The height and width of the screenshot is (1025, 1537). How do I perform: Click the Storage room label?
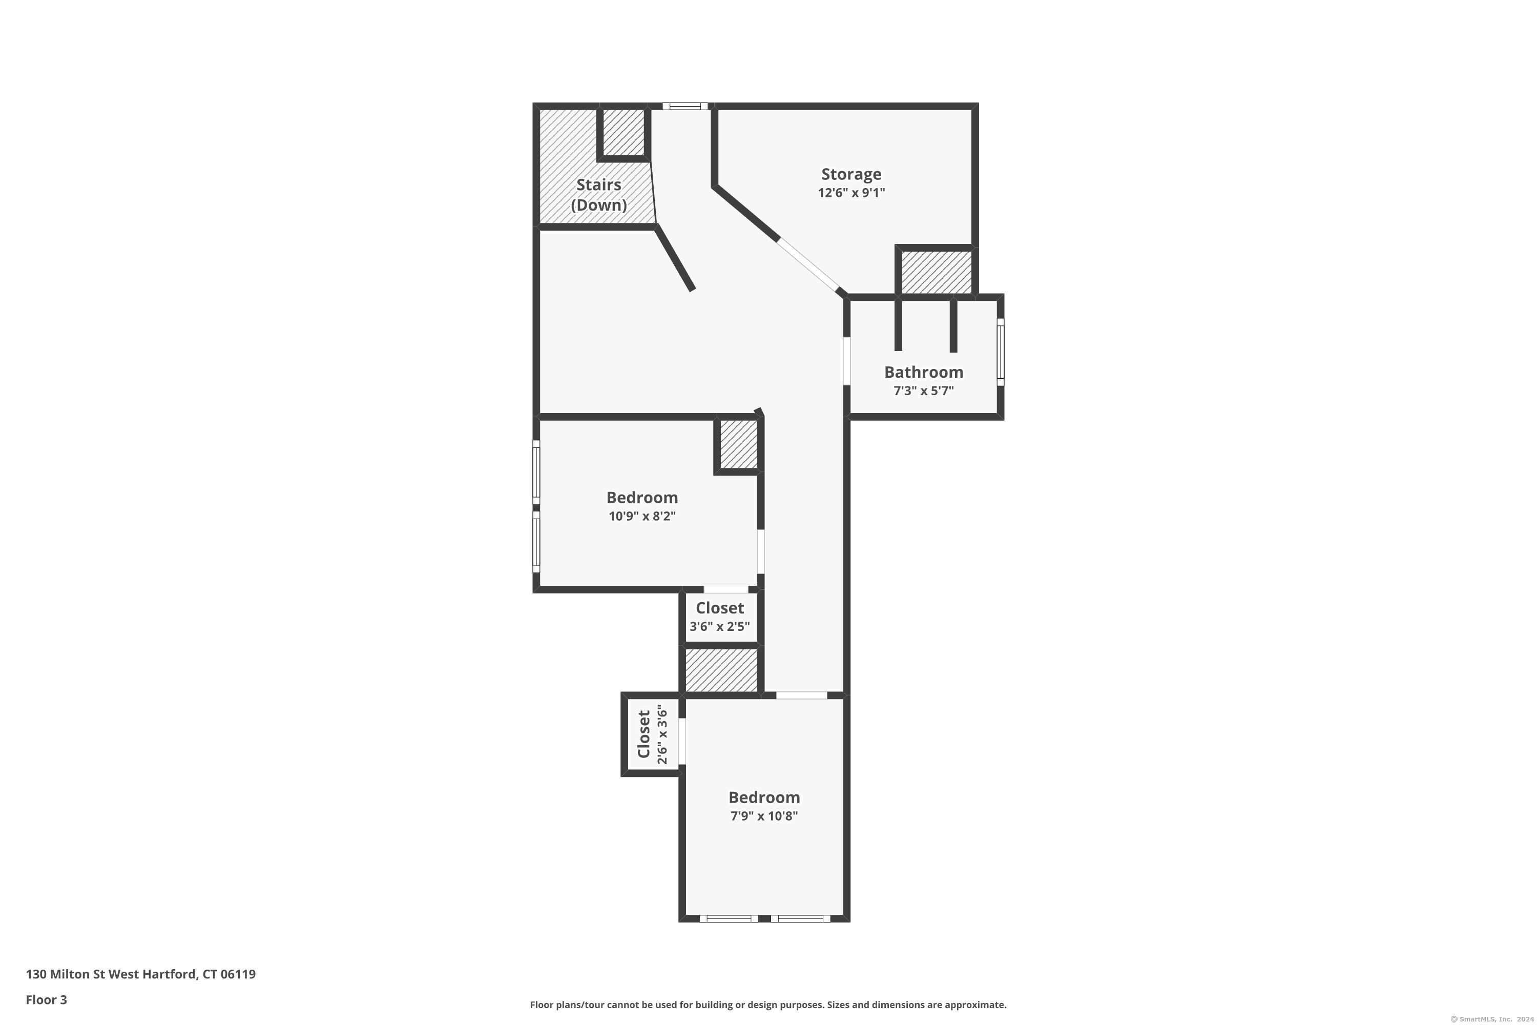pos(851,174)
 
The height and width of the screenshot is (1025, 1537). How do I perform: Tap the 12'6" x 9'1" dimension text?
pos(851,193)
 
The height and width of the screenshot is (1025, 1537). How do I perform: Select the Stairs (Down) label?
pos(598,195)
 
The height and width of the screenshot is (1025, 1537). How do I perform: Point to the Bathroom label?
pos(923,372)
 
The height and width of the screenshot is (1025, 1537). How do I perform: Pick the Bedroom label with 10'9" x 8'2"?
pos(642,498)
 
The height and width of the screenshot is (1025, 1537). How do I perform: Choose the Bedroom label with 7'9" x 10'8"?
pos(764,797)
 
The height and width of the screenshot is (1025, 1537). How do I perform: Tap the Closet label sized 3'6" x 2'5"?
pos(719,608)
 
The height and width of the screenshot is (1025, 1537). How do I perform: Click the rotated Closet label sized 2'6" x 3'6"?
pos(643,734)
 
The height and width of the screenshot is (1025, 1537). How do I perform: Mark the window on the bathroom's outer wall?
pos(1001,351)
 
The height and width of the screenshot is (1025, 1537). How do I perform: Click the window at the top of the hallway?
pos(685,106)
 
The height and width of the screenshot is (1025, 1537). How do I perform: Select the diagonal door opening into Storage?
pos(808,265)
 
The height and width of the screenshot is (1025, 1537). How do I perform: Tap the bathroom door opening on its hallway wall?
pos(847,361)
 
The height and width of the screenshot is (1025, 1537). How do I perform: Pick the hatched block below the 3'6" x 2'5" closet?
pos(721,670)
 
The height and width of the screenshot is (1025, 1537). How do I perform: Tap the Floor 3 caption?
pos(47,999)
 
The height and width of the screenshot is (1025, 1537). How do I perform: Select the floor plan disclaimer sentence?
pos(768,1004)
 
